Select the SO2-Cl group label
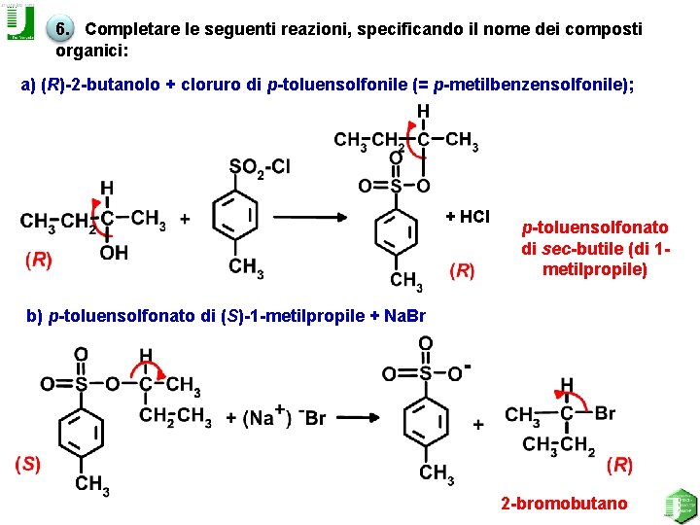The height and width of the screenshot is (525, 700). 259,167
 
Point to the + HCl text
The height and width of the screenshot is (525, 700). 468,217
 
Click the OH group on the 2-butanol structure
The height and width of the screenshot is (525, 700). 114,253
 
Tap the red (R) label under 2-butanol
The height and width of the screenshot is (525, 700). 39,260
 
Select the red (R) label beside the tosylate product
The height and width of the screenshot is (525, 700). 462,269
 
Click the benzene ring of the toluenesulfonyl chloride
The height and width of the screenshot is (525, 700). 234,216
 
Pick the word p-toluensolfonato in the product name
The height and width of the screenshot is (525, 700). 594,227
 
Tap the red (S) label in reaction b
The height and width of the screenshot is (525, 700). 26,463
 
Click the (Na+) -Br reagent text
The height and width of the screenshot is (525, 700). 276,417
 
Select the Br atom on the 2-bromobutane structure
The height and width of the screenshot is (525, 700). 604,413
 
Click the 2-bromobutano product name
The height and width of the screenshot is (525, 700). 564,504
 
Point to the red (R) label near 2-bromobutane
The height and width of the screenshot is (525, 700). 619,465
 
